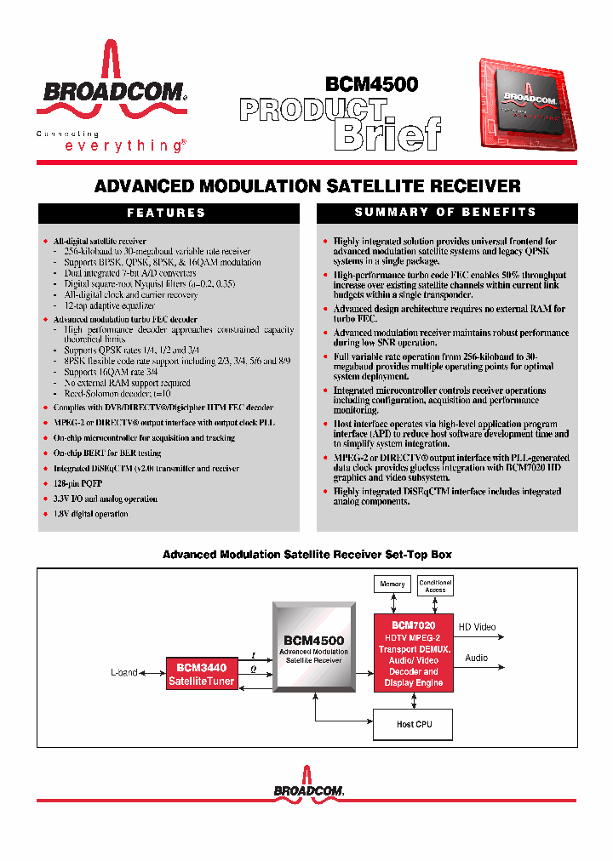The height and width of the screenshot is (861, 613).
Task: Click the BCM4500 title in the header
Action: [x=371, y=84]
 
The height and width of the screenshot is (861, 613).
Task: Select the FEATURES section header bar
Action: [x=167, y=213]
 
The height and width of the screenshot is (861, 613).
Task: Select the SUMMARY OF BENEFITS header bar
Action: [x=445, y=212]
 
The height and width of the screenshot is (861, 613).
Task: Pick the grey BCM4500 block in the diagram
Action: [x=314, y=648]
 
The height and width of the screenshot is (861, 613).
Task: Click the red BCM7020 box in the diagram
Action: [x=413, y=653]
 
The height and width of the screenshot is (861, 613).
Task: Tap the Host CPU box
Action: [x=415, y=724]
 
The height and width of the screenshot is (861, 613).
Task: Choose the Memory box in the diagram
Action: [x=392, y=584]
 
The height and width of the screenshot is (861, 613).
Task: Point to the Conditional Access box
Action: [x=435, y=585]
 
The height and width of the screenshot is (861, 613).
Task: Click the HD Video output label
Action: [x=477, y=627]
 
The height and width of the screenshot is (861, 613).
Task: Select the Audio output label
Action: [x=476, y=658]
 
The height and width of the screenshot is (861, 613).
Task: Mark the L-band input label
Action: [x=123, y=673]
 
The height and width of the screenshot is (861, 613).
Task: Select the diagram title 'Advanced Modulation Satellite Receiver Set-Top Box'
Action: [x=306, y=555]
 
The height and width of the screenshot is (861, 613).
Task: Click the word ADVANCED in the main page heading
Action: [x=144, y=185]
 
